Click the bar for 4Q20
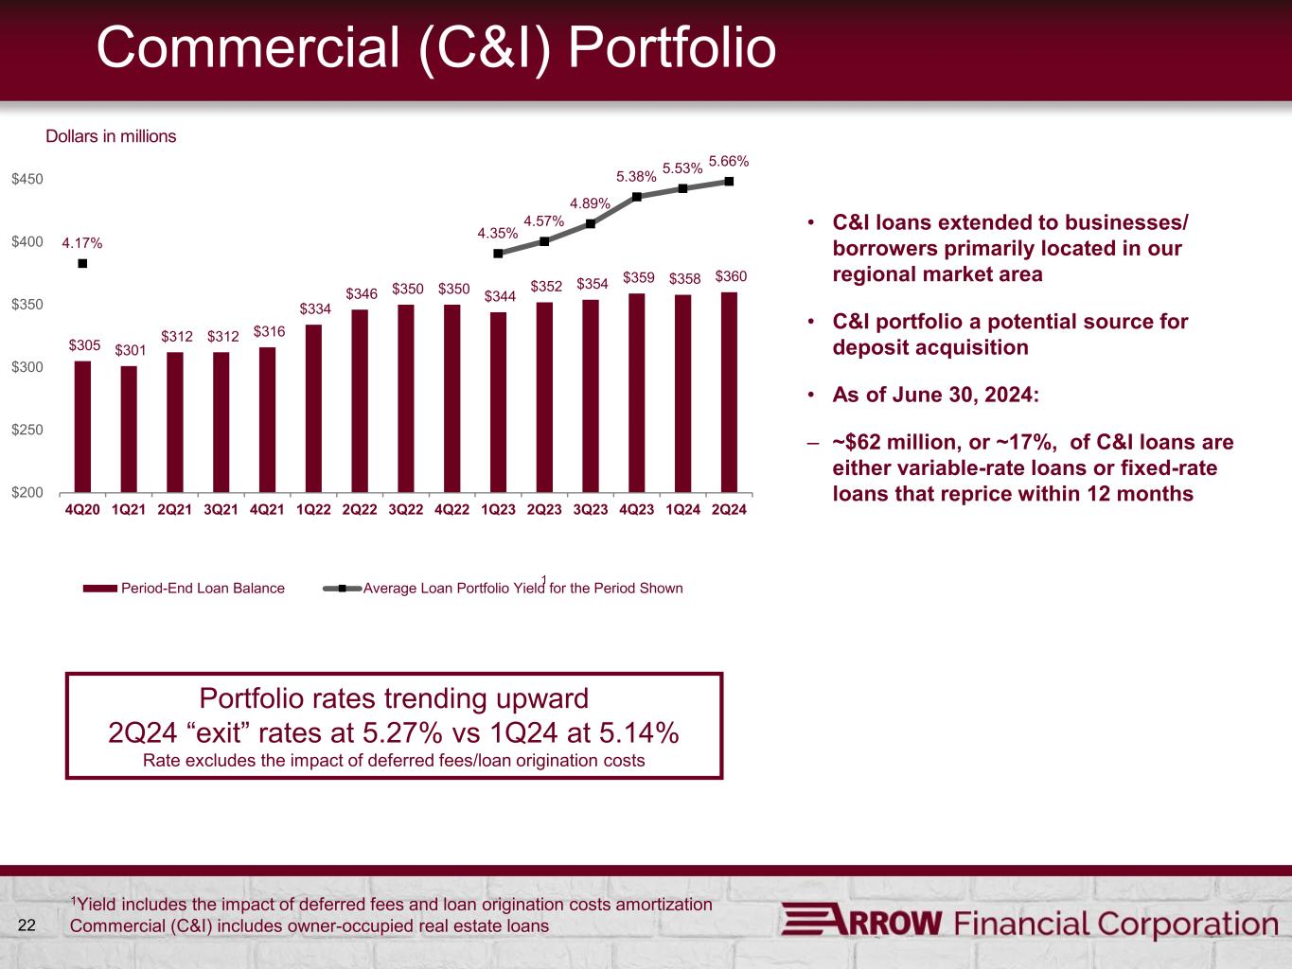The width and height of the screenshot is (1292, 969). click(x=82, y=426)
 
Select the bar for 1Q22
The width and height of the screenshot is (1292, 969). click(x=313, y=408)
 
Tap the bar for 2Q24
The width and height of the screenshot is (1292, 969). click(x=729, y=392)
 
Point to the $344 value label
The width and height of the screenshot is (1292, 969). click(x=499, y=296)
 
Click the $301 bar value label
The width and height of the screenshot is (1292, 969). click(x=130, y=350)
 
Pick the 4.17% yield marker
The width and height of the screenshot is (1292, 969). click(x=82, y=264)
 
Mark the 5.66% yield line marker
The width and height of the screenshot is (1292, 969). click(x=729, y=182)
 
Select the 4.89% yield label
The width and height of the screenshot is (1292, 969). click(x=589, y=203)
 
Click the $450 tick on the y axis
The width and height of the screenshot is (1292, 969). click(x=27, y=179)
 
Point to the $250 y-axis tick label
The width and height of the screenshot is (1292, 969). click(x=27, y=430)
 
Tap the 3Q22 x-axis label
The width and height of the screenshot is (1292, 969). click(x=405, y=509)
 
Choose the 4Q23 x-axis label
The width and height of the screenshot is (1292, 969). click(x=636, y=509)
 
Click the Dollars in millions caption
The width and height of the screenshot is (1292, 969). click(x=111, y=136)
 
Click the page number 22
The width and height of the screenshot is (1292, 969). click(x=27, y=925)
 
